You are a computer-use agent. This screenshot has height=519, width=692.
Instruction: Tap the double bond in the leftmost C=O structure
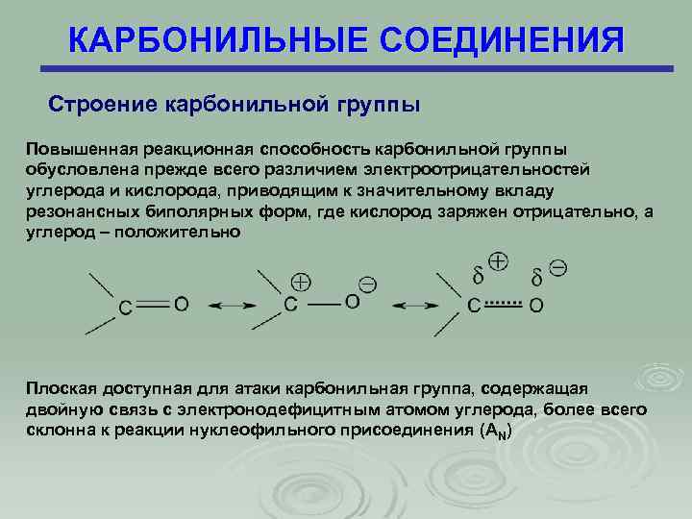[x=154, y=304]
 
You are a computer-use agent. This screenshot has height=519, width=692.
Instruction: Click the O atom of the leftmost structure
[x=182, y=305]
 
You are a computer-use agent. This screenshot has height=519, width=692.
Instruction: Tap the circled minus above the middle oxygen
[x=367, y=284]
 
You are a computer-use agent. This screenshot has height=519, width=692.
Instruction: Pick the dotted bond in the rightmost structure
[x=503, y=304]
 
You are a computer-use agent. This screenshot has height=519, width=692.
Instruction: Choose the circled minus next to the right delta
[x=556, y=267]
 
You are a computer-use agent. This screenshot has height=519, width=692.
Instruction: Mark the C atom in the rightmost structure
[x=473, y=306]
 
